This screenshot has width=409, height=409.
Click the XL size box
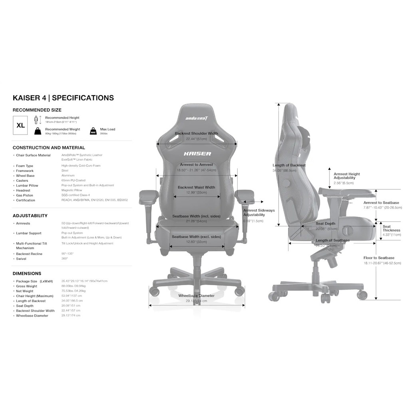21,125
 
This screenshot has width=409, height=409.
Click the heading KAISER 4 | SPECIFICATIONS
63,98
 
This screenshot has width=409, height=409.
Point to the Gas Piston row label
25,195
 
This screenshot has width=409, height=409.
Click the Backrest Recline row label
29,254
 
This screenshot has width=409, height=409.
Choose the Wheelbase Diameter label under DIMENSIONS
32,316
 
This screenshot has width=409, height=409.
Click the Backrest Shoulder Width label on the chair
197,134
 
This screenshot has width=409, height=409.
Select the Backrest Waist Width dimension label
196,187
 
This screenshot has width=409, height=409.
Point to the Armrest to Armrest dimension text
196,165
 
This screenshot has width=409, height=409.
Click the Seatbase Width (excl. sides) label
196,237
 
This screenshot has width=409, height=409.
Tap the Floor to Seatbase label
379,258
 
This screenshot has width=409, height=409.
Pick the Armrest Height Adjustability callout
347,176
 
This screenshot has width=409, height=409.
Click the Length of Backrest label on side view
289,165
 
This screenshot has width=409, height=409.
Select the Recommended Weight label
62,129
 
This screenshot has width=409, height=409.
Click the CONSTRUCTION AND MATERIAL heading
49,148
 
